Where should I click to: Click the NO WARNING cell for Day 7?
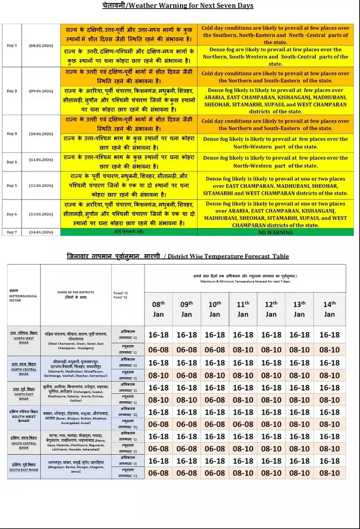coord(275,233)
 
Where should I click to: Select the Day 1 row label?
coord(12,45)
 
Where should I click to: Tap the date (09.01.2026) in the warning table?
coord(41,91)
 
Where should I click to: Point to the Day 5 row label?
coord(12,185)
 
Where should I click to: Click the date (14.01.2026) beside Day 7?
coord(41,233)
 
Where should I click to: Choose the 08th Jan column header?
coord(158,309)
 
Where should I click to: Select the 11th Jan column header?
coord(243,309)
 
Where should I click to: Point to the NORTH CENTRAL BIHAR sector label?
coord(24,367)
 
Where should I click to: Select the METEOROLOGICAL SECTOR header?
coord(21,296)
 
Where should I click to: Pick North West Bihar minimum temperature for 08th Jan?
coord(158,350)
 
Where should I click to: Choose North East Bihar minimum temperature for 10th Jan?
coord(215,400)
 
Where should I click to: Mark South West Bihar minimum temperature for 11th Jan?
coord(243,425)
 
